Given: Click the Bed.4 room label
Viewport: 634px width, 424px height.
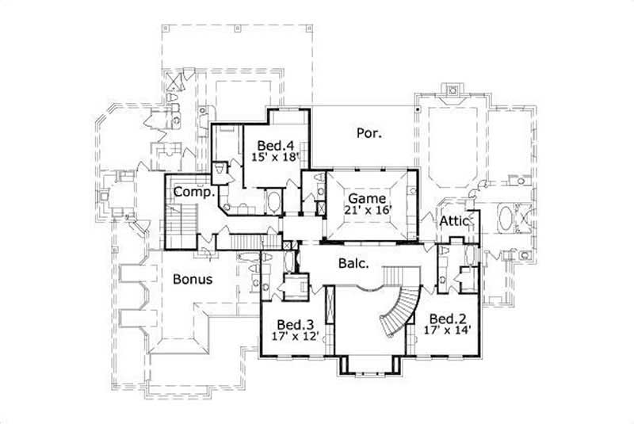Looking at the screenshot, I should [277, 145].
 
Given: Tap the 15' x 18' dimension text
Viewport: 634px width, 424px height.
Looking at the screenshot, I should [277, 157].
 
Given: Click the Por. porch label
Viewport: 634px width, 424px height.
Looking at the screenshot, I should [369, 133].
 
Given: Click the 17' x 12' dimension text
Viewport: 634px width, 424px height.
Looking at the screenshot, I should [295, 336].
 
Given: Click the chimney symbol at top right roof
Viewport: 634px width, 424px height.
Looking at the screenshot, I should [453, 90].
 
